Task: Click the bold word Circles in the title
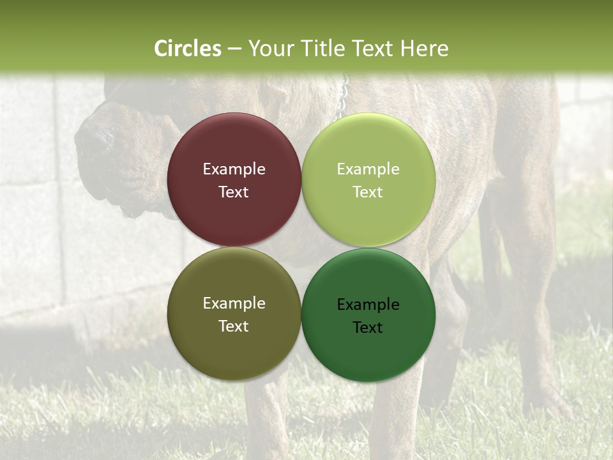pyautogui.click(x=188, y=49)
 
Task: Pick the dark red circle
pyautogui.click(x=234, y=147)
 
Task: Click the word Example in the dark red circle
pyautogui.click(x=234, y=169)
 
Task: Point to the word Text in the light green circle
pyautogui.click(x=368, y=192)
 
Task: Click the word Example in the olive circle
pyautogui.click(x=234, y=303)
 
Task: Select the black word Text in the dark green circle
pyautogui.click(x=368, y=328)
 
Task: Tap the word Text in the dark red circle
pyautogui.click(x=234, y=192)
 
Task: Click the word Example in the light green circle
pyautogui.click(x=368, y=169)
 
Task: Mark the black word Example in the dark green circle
pyautogui.click(x=368, y=305)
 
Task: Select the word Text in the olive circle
pyautogui.click(x=234, y=326)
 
